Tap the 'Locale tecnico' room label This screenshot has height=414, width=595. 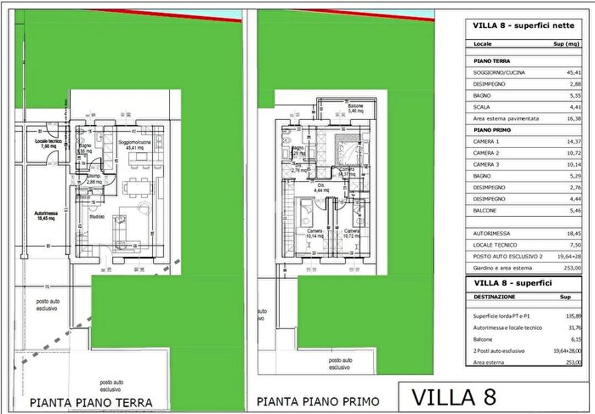click(x=48, y=143)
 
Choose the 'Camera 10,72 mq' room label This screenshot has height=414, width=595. click(x=350, y=233)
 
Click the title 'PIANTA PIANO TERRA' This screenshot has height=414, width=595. click(x=91, y=402)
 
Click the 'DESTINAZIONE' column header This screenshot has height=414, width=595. click(x=495, y=297)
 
